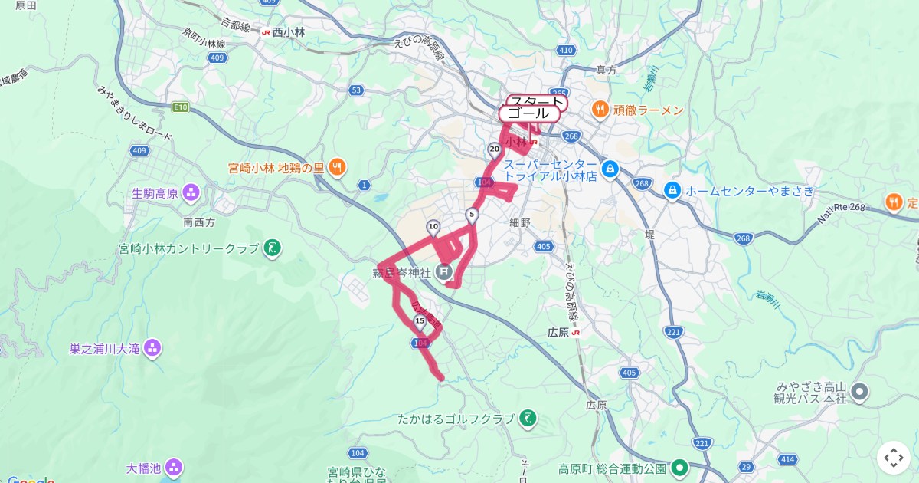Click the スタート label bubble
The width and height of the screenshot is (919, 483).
(x=537, y=102)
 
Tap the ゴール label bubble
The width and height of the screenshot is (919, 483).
(x=528, y=113)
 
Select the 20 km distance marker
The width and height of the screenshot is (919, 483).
(x=494, y=149)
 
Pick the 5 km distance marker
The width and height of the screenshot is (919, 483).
(x=472, y=215)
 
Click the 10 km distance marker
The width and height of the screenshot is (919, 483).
(x=433, y=226)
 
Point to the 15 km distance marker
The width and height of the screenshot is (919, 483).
(x=419, y=320)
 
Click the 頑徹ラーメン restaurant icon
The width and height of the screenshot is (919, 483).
(x=600, y=110)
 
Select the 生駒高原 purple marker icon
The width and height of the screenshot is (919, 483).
(x=191, y=192)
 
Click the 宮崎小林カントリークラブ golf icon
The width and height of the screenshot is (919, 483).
(x=272, y=248)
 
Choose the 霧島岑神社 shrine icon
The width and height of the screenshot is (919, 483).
(x=443, y=271)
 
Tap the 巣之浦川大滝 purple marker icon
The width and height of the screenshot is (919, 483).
(x=152, y=349)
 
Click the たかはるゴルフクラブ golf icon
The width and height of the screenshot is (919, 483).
(x=528, y=419)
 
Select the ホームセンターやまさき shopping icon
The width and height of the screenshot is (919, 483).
(x=672, y=189)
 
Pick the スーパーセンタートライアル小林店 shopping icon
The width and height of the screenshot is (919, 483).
(x=610, y=169)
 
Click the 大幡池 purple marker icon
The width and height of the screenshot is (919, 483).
(x=174, y=467)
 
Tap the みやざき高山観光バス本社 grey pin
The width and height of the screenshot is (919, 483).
(x=859, y=393)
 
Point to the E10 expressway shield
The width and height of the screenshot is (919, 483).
(x=181, y=107)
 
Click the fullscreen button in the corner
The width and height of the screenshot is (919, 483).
(x=893, y=458)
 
